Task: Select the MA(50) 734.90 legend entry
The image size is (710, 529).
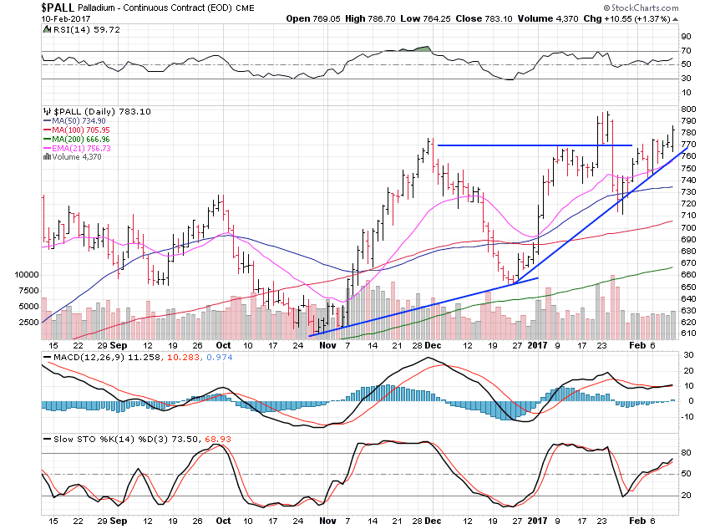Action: tap(80, 122)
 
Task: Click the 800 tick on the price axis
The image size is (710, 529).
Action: tap(687, 109)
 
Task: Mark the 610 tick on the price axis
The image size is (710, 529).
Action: tap(687, 333)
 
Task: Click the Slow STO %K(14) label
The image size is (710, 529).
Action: tap(84, 440)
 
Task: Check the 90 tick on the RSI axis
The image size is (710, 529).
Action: tap(685, 37)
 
